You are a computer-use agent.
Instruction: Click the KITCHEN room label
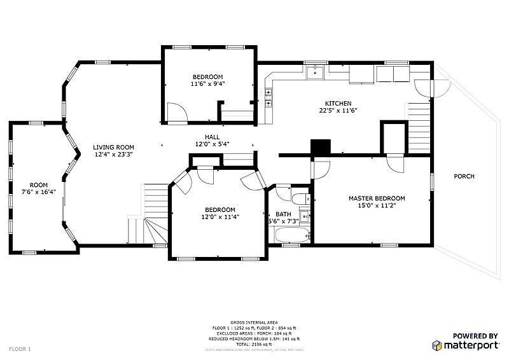pos(338,103)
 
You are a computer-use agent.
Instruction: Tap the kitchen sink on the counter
pos(315,73)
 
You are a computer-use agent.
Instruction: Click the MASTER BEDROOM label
pos(377,198)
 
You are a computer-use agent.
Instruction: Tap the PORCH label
pos(464,176)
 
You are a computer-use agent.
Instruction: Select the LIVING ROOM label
pos(114,147)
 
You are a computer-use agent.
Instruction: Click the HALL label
pos(212,137)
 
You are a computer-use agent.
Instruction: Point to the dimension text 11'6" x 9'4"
pos(207,84)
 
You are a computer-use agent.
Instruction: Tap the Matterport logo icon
pos(438,345)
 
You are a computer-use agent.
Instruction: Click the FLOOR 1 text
pos(20,349)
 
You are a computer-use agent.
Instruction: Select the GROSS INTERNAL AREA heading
pos(254,322)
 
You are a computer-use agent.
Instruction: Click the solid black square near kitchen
pos(321,146)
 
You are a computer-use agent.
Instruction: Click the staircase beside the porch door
pos(419,124)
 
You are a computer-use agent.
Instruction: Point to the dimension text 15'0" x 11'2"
pos(377,206)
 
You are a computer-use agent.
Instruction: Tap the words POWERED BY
pos(475,336)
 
